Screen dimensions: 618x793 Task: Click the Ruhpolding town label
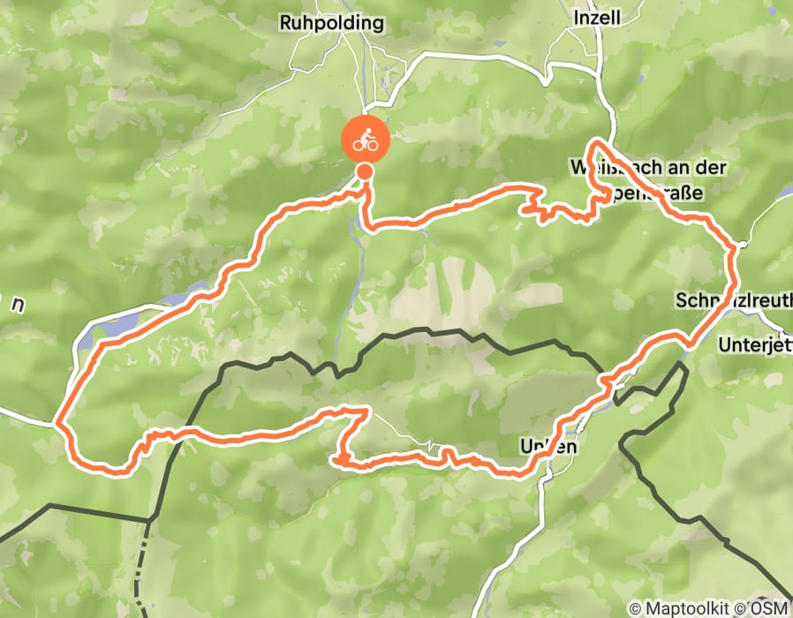(331, 22)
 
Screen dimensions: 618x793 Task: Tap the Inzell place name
(597, 17)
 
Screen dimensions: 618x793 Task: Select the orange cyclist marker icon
(364, 139)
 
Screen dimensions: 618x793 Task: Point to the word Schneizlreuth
(734, 300)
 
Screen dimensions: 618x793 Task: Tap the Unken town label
(550, 447)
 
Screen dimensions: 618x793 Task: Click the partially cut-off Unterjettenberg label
(755, 343)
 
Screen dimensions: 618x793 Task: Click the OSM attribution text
(767, 608)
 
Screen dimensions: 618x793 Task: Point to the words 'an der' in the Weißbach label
(699, 167)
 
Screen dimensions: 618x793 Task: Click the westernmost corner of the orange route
(57, 425)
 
